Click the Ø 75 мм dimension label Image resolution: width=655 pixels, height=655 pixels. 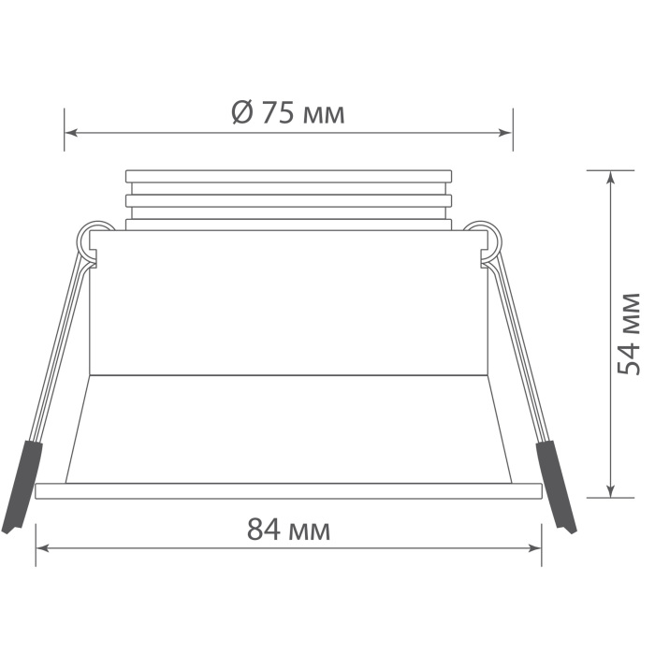tap(288, 114)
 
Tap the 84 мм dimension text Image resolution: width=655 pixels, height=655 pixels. tap(288, 531)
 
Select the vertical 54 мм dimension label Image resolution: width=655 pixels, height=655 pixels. tap(630, 334)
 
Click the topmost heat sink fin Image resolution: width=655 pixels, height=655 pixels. tap(288, 175)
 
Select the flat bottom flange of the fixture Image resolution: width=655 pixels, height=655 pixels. tap(288, 489)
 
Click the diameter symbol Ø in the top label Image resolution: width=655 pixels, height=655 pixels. tap(240, 114)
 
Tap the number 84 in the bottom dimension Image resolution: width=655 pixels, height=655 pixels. tap(263, 531)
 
